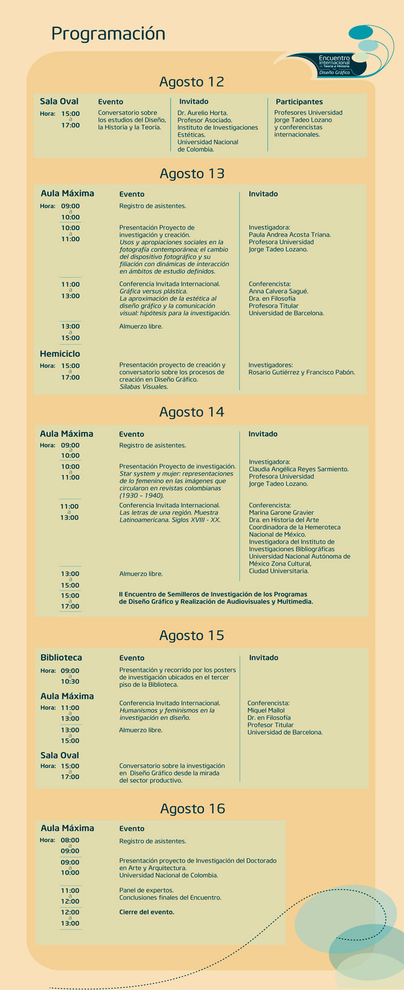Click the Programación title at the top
click(x=108, y=34)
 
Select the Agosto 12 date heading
click(x=191, y=82)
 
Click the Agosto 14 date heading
click(x=191, y=412)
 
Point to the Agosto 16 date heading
click(x=191, y=809)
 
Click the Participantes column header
click(x=299, y=102)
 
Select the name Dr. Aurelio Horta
click(x=203, y=112)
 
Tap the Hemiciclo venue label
click(x=60, y=354)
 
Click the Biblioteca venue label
click(x=61, y=658)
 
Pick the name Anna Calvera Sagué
click(x=278, y=291)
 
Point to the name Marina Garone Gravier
click(x=282, y=513)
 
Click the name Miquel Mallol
click(x=266, y=710)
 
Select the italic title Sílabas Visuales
click(x=144, y=387)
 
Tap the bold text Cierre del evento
click(x=147, y=912)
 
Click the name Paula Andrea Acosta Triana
click(x=290, y=235)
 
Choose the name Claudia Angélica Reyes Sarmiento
click(x=298, y=469)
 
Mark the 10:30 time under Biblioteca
click(x=70, y=682)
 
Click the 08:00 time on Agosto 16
click(x=70, y=840)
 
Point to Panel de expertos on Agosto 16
click(x=147, y=890)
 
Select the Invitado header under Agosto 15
click(x=264, y=658)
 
